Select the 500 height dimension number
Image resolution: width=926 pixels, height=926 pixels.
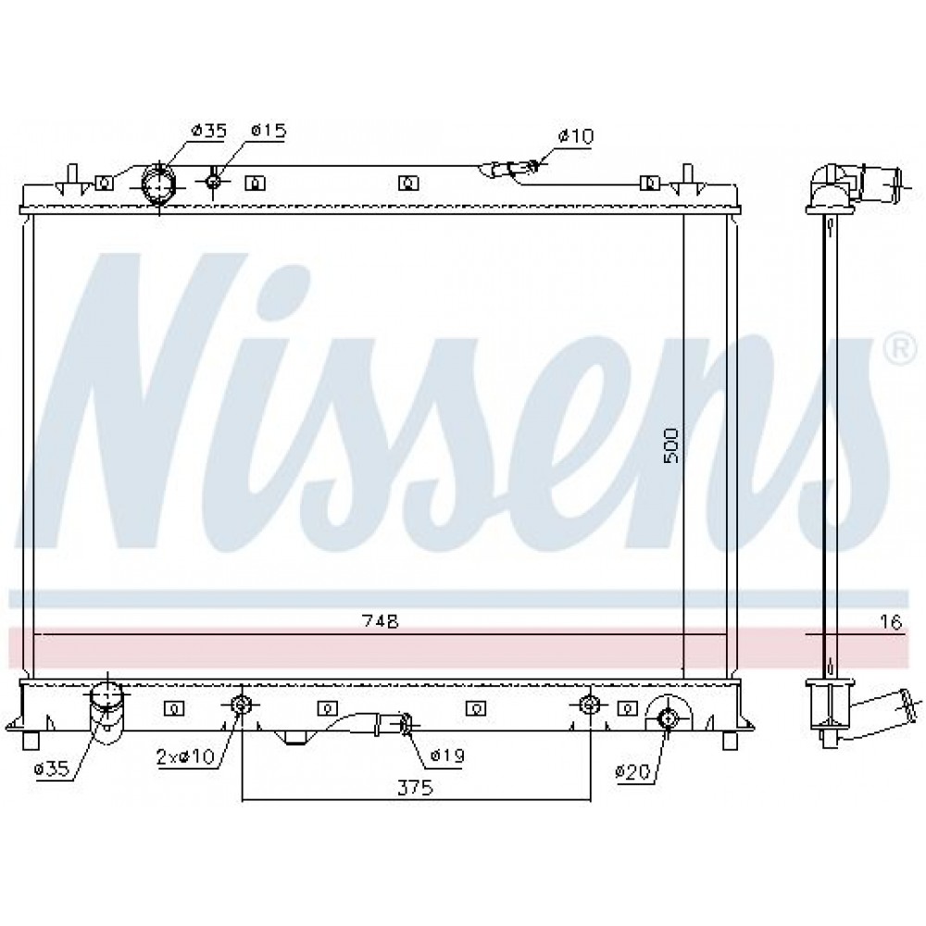671,445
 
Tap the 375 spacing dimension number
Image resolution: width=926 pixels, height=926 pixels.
415,787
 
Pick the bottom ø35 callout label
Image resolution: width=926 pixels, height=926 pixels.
52,769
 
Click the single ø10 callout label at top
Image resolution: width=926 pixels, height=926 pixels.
576,136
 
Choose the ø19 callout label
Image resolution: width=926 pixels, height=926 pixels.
447,754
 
